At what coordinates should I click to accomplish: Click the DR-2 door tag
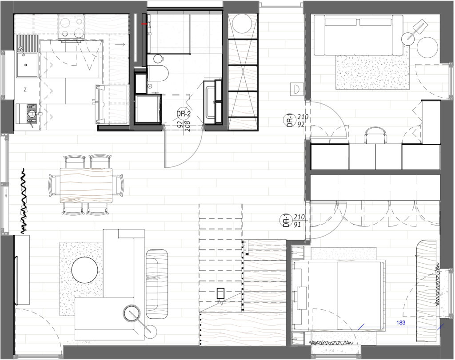pyautogui.click(x=184, y=114)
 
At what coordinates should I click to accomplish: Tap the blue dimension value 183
pyautogui.click(x=400, y=322)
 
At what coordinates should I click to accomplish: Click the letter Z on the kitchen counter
pyautogui.click(x=25, y=90)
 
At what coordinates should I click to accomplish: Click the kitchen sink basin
pyautogui.click(x=27, y=65)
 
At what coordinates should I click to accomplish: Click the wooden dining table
pyautogui.click(x=86, y=185)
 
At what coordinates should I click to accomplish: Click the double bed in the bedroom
pyautogui.click(x=338, y=295)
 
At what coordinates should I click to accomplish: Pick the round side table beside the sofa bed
pyautogui.click(x=427, y=47)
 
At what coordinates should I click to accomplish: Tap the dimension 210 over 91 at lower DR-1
pyautogui.click(x=299, y=221)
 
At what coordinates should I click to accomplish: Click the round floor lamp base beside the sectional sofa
pyautogui.click(x=151, y=329)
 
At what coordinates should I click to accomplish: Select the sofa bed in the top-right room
pyautogui.click(x=359, y=36)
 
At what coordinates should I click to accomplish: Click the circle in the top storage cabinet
pyautogui.click(x=243, y=24)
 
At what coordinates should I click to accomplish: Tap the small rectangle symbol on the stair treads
pyautogui.click(x=221, y=293)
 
